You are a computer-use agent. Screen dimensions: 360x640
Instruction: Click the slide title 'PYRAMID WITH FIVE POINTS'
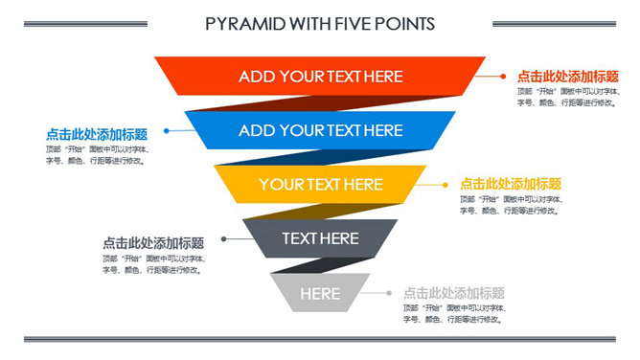point(320,23)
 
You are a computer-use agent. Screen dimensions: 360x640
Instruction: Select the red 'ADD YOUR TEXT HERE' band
point(320,76)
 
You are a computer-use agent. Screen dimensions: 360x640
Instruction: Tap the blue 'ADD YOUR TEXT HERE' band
point(320,130)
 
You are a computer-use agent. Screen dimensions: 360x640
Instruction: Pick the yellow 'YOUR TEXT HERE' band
point(320,184)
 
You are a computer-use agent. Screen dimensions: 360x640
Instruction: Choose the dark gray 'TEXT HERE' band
point(320,237)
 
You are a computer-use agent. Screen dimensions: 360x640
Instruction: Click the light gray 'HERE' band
point(320,293)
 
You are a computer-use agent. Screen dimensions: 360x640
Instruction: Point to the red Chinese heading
point(567,76)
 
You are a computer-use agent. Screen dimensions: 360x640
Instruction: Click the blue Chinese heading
point(97,135)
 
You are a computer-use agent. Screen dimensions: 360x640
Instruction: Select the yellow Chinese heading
point(510,184)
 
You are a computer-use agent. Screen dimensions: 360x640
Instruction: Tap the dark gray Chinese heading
point(153,243)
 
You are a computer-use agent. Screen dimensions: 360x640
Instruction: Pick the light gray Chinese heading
point(453,293)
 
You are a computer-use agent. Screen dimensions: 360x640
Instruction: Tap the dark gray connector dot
point(222,238)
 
